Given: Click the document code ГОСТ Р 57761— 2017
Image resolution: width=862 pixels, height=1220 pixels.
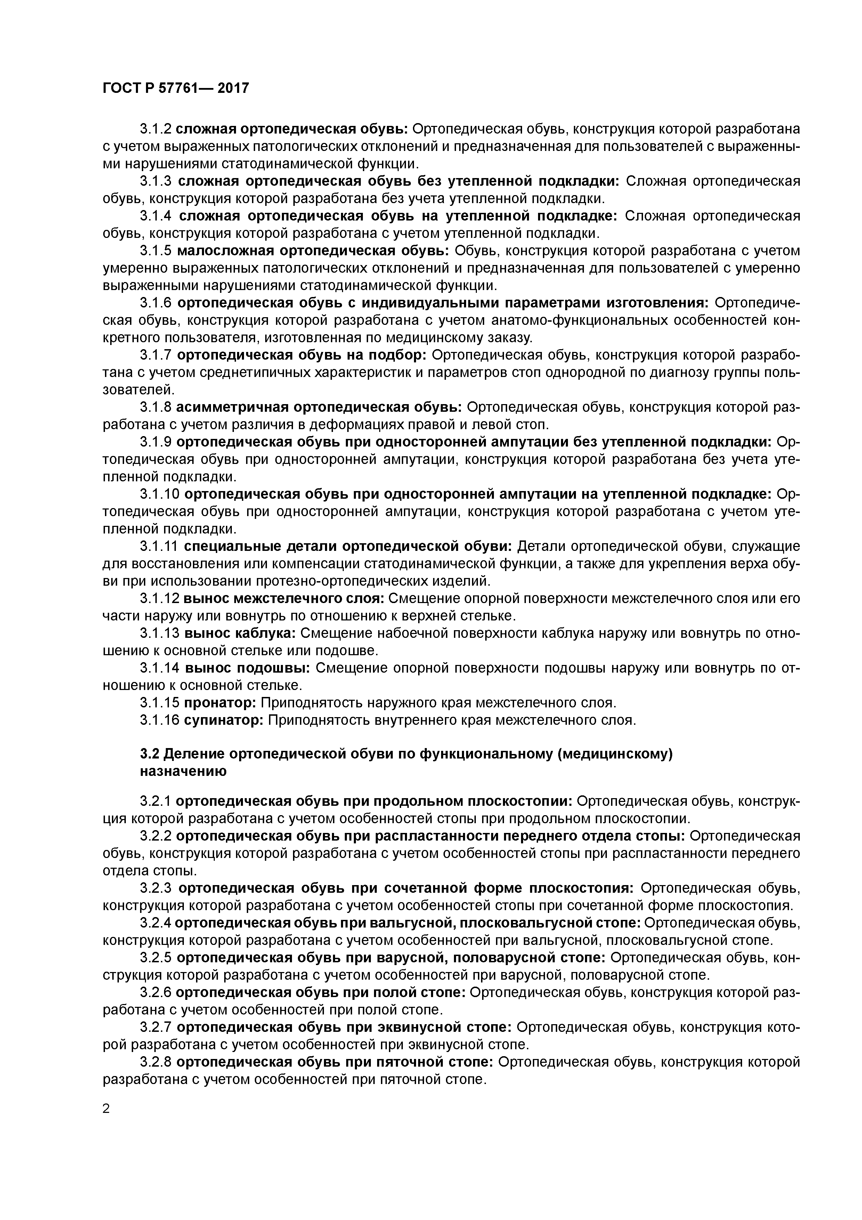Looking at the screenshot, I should (175, 88).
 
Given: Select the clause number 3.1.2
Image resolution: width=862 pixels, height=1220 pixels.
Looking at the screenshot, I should (156, 129).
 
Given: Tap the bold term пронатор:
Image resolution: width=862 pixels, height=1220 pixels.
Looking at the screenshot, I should (220, 703).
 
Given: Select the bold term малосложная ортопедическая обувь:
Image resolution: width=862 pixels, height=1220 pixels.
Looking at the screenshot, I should (314, 250).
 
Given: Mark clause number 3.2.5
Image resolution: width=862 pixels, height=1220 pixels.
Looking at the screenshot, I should (156, 957).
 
